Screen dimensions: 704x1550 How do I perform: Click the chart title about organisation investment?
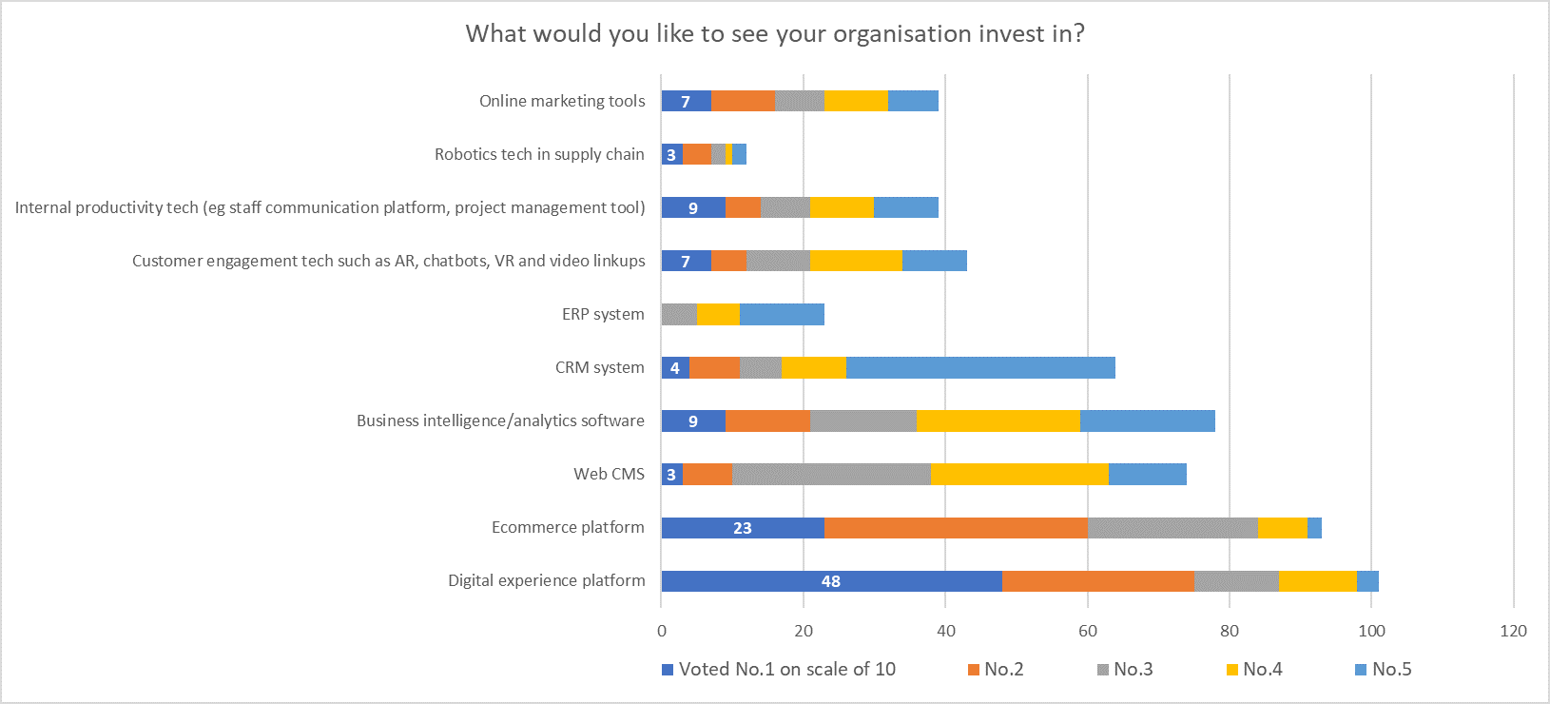[774, 34]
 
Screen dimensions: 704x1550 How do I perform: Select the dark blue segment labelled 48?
[830, 581]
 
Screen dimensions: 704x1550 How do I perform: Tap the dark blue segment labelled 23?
[742, 528]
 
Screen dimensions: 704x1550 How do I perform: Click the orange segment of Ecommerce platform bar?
[956, 528]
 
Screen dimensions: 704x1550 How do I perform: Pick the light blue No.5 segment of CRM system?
[980, 368]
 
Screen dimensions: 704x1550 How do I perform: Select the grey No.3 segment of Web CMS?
[831, 475]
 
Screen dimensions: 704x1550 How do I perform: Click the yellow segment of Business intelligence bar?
[998, 421]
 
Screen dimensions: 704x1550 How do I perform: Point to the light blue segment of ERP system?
[782, 315]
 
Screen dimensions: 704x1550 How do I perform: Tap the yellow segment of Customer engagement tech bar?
[856, 262]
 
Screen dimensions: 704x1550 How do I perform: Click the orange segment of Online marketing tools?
[743, 102]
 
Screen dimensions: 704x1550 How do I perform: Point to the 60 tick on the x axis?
[1088, 631]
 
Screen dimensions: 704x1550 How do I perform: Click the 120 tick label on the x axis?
[1513, 631]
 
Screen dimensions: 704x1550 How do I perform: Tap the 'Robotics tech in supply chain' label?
[539, 154]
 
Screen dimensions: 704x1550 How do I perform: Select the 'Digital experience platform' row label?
[546, 580]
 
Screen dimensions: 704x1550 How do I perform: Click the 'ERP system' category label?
[603, 314]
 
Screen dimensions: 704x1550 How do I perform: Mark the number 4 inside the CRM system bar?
[675, 368]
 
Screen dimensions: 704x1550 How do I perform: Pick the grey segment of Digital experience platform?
[1236, 581]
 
